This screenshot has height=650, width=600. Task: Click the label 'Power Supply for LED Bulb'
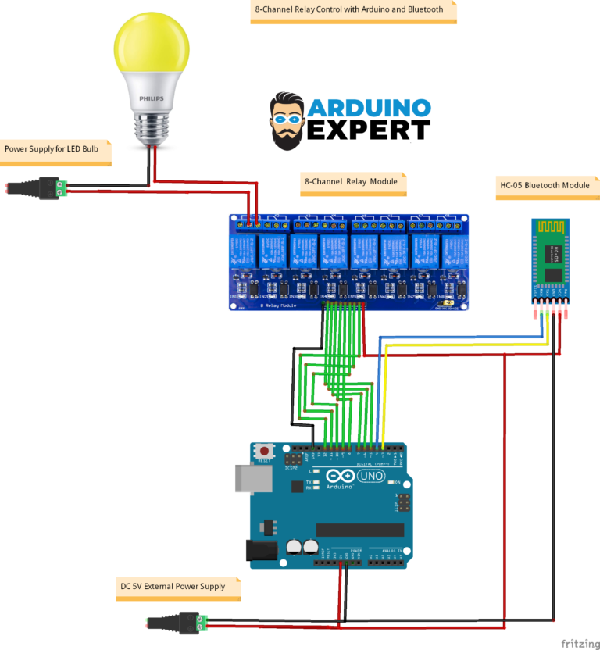pyautogui.click(x=52, y=148)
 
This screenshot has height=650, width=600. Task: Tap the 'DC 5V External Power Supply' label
pyautogui.click(x=173, y=586)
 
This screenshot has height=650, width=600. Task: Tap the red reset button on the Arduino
pyautogui.click(x=266, y=452)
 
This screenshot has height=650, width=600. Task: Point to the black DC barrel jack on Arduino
pyautogui.click(x=262, y=550)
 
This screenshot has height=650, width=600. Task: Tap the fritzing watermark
pyautogui.click(x=577, y=643)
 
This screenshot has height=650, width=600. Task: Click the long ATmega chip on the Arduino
pyautogui.click(x=360, y=530)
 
